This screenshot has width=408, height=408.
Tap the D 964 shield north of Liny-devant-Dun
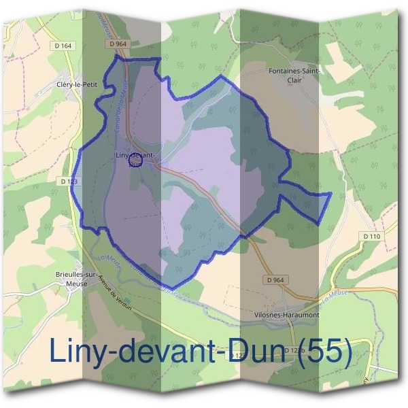[118, 44]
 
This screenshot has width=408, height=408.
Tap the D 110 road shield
[371, 236]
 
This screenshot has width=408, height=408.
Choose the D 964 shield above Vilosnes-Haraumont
[275, 279]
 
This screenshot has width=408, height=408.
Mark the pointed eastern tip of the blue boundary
[330, 194]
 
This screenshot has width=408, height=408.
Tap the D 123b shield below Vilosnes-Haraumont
[294, 351]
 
